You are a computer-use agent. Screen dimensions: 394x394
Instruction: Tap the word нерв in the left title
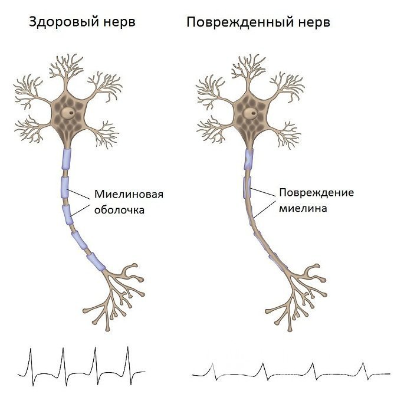117,23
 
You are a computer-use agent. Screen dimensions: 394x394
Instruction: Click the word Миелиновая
129,195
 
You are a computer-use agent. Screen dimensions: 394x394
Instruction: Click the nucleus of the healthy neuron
70,110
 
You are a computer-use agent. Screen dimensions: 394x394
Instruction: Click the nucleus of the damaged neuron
252,110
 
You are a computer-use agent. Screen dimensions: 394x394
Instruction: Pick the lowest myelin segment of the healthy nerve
96,260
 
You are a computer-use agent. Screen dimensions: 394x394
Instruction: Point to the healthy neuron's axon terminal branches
115,295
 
